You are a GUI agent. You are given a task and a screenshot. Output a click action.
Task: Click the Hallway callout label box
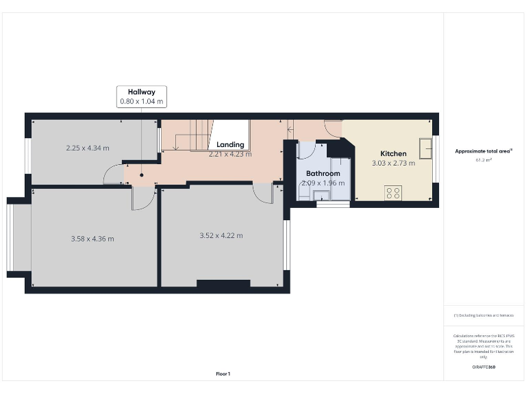point(141,96)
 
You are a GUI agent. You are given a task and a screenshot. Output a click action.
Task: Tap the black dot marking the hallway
point(142,174)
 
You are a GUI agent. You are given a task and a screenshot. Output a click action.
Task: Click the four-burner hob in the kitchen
point(394,193)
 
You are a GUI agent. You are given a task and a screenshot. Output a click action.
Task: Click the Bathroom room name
point(323,174)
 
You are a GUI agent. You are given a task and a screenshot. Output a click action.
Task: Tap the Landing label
point(230,144)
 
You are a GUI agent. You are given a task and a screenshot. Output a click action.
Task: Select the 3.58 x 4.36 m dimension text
point(92,239)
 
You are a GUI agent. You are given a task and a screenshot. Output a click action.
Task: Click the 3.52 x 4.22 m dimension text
point(221,235)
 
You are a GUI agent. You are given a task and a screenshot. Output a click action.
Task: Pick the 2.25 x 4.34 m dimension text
point(88,148)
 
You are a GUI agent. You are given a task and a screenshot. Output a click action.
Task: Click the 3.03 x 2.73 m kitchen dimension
point(392,163)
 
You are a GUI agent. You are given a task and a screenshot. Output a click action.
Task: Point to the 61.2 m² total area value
point(484,160)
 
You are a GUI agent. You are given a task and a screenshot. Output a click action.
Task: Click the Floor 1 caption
point(223,373)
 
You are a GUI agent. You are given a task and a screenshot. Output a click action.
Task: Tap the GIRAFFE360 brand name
point(484,367)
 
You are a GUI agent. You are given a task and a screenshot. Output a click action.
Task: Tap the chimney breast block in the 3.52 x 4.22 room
point(223,283)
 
